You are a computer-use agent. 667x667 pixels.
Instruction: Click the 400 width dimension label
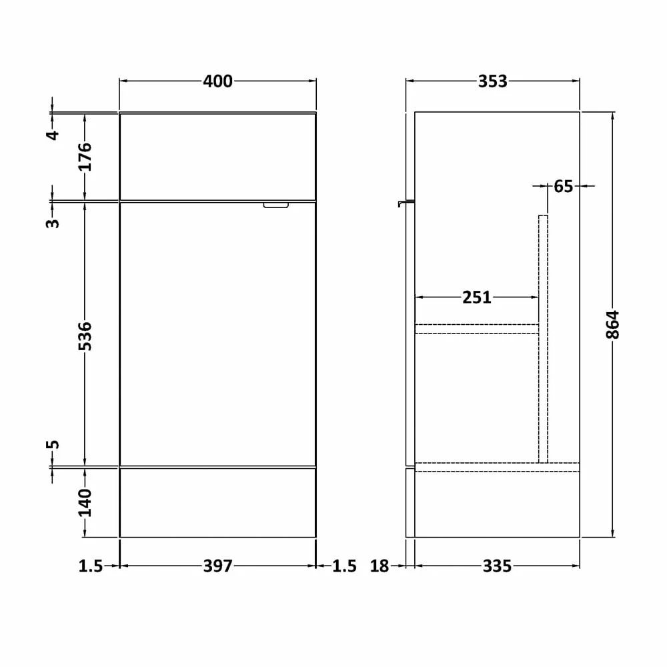pos(217,81)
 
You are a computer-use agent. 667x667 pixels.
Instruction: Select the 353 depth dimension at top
pos(493,81)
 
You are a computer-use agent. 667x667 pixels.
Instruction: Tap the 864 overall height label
pos(612,325)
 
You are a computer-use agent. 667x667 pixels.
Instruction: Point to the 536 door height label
pos(85,336)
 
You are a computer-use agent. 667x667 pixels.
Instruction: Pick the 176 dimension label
pos(85,157)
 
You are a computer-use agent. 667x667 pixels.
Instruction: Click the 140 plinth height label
pos(85,502)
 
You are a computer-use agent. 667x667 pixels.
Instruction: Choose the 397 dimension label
pos(218,566)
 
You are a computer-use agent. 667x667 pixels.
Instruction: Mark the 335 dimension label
pos(497,566)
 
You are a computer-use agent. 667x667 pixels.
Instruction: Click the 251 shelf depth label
pos(477,297)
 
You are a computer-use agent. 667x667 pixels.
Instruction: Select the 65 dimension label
pos(564,186)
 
